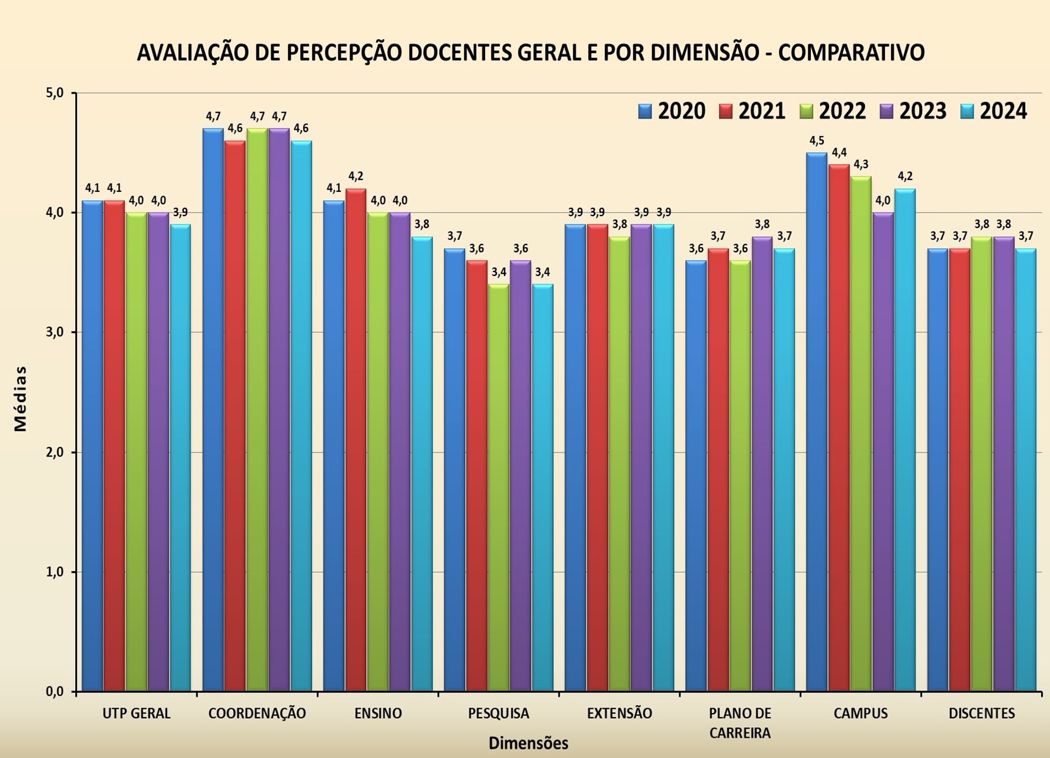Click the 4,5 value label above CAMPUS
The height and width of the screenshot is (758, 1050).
(817, 141)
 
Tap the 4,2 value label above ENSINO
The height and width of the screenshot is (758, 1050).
(356, 176)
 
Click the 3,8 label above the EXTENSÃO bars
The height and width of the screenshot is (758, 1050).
(619, 224)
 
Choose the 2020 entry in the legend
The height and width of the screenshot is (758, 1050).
(672, 111)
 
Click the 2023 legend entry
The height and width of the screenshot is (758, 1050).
(913, 111)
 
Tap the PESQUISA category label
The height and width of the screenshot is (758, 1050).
(499, 714)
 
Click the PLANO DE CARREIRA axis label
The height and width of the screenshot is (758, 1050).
(740, 723)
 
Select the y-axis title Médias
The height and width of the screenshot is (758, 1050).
(21, 398)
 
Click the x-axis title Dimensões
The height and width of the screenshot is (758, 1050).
(528, 744)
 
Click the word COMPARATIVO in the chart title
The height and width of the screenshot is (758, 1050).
(851, 53)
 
